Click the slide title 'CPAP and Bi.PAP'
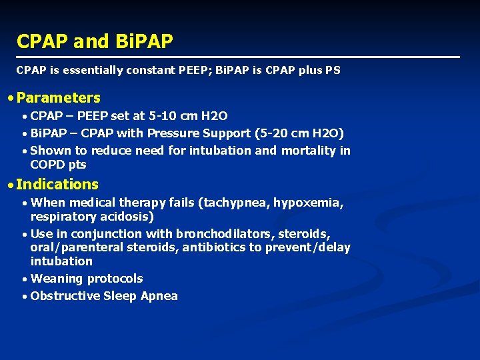[95, 41]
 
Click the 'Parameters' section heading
[59, 98]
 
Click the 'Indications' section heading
[57, 185]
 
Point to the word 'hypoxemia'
[302, 203]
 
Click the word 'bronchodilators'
[225, 234]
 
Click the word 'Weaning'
[56, 279]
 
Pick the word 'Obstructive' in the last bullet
[65, 296]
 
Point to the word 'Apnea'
[159, 296]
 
